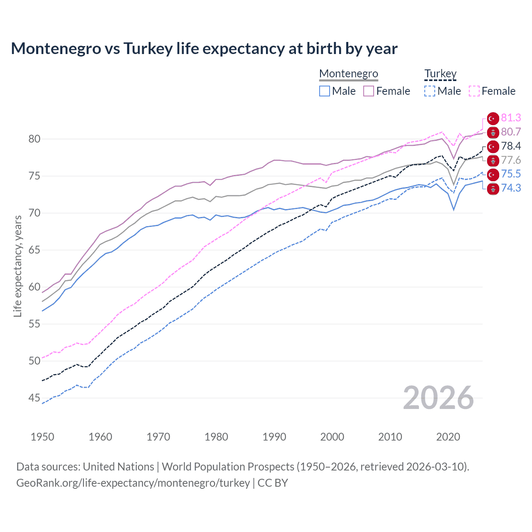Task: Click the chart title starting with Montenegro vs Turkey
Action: tap(204, 49)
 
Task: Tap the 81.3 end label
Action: tap(511, 118)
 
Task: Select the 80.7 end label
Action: tap(511, 132)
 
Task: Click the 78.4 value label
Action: tap(511, 146)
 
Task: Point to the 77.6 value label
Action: tap(511, 160)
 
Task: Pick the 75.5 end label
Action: tap(511, 174)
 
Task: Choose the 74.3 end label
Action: tap(511, 188)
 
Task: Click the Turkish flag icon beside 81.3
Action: tap(493, 118)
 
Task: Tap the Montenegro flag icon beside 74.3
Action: tap(493, 189)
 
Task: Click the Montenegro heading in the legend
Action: tap(348, 74)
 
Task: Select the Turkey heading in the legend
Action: tap(440, 74)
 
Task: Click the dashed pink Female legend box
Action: tap(474, 91)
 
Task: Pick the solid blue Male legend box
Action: tap(325, 91)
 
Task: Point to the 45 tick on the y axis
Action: tap(34, 398)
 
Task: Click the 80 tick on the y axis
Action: tap(34, 139)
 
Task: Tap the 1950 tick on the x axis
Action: tap(42, 437)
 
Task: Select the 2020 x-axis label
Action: tap(448, 437)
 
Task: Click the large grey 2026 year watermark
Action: tap(438, 398)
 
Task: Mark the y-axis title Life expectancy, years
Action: tap(17, 266)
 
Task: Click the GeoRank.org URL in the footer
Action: tap(133, 483)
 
